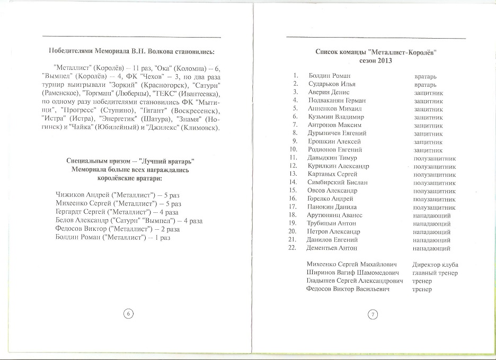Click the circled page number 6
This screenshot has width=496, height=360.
click(128, 313)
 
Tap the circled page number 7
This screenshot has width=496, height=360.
click(373, 314)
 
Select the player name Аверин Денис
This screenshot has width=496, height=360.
click(329, 92)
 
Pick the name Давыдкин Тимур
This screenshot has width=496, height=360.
click(332, 158)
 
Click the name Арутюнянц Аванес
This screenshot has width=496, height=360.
click(335, 215)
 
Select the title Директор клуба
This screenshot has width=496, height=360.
click(435, 265)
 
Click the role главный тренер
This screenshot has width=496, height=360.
click(435, 273)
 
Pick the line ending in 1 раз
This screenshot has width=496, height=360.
click(113, 237)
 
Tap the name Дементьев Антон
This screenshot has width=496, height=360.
click(332, 248)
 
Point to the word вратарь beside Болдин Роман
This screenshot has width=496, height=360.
click(426, 76)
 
